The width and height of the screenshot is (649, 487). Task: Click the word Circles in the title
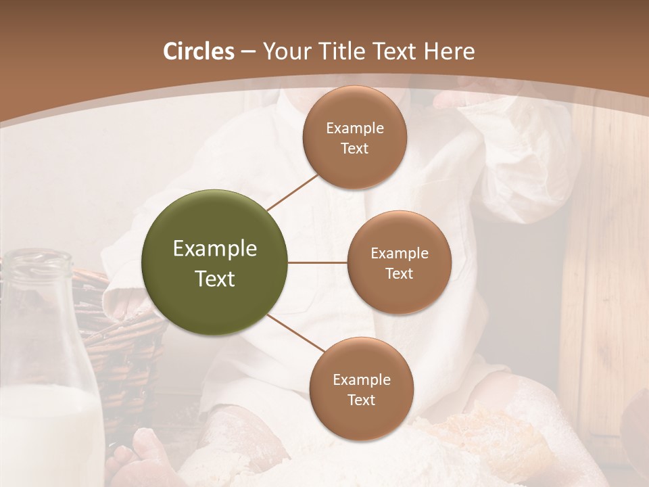(198, 51)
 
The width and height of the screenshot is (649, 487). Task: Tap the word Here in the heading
(449, 51)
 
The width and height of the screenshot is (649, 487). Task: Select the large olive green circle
(214, 262)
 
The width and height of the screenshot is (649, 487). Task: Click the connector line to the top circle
(292, 191)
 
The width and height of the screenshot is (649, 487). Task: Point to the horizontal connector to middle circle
(318, 262)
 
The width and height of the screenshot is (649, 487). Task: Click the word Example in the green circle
(214, 249)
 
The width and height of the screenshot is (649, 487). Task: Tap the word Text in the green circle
(214, 279)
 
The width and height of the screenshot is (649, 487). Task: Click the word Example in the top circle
(354, 129)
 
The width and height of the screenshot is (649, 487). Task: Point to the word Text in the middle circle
(399, 274)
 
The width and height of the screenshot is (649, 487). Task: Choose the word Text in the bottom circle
(361, 400)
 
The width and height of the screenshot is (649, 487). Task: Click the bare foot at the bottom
(145, 453)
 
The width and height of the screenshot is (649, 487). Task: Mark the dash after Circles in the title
(247, 52)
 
